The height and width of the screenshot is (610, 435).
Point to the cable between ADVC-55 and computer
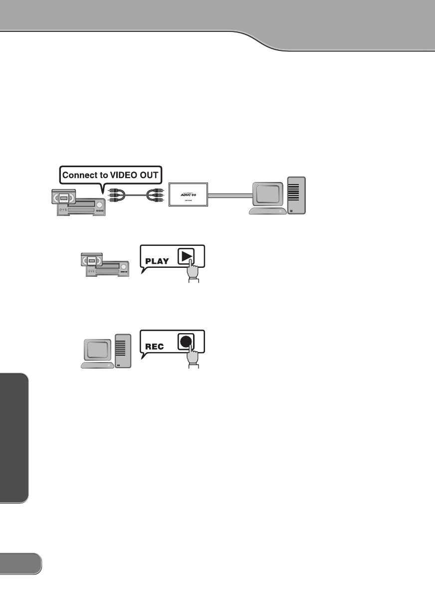[230, 196]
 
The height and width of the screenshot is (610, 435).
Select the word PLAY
[157, 260]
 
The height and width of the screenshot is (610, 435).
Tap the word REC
[155, 346]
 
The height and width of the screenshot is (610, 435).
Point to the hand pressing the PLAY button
[193, 273]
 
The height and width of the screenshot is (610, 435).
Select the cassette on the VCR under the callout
[63, 198]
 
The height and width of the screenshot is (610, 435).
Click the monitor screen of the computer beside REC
[97, 349]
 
